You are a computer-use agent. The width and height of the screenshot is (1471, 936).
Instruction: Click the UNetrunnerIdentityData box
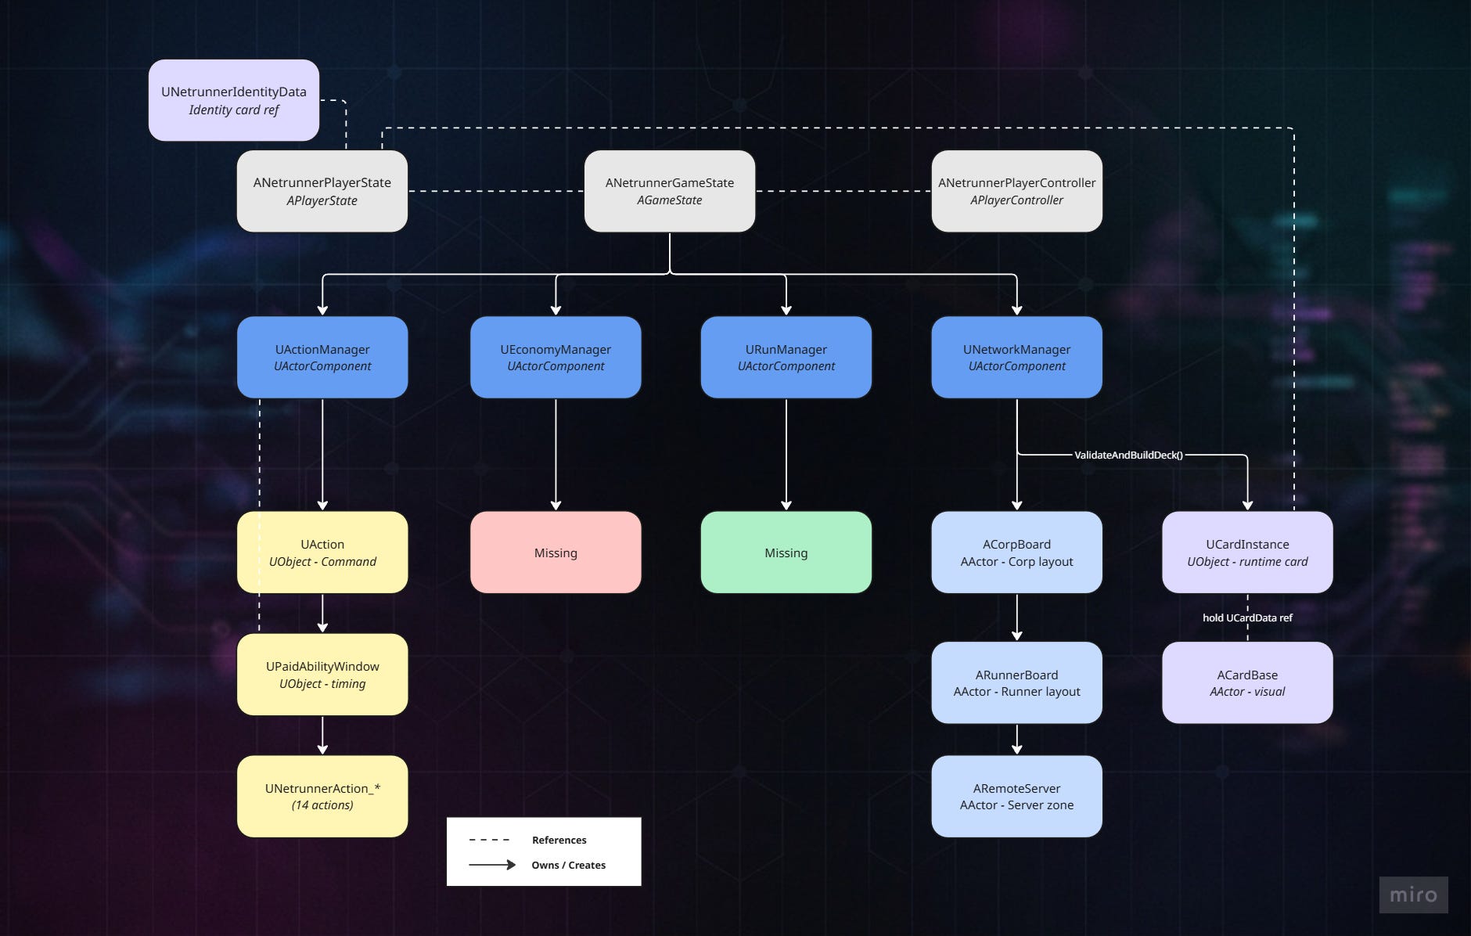[234, 100]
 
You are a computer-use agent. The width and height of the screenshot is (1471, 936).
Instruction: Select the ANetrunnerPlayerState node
[322, 191]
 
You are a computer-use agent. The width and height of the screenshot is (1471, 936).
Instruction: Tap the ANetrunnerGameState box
[670, 191]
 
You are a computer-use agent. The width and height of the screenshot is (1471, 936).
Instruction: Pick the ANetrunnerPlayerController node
[1016, 191]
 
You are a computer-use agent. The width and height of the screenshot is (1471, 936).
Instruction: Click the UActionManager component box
[322, 357]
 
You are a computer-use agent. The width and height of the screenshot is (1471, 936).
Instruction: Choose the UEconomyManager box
[556, 357]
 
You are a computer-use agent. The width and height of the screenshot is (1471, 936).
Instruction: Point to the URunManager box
[786, 357]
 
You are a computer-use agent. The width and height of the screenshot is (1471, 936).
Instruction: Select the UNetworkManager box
[1016, 357]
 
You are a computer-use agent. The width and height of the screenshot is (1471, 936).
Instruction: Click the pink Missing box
[556, 553]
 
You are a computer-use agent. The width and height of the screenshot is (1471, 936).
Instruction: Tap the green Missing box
[786, 553]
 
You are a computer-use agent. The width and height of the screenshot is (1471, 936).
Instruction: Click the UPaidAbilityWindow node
[322, 675]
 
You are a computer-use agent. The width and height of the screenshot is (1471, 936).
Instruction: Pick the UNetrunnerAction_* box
[322, 796]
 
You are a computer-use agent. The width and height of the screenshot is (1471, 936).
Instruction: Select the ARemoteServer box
[1016, 796]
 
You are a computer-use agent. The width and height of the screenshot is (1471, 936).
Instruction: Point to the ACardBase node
[1247, 682]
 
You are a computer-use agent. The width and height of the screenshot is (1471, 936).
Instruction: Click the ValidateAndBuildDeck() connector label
[1128, 455]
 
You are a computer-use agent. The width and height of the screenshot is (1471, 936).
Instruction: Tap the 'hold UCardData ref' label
[1247, 617]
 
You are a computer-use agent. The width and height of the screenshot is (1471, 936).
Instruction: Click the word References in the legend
[559, 840]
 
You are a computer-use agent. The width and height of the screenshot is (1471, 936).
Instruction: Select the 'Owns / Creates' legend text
[568, 865]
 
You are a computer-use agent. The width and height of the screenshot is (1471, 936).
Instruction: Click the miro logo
[1413, 895]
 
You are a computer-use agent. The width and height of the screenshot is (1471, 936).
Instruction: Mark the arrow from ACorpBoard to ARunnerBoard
[1016, 617]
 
